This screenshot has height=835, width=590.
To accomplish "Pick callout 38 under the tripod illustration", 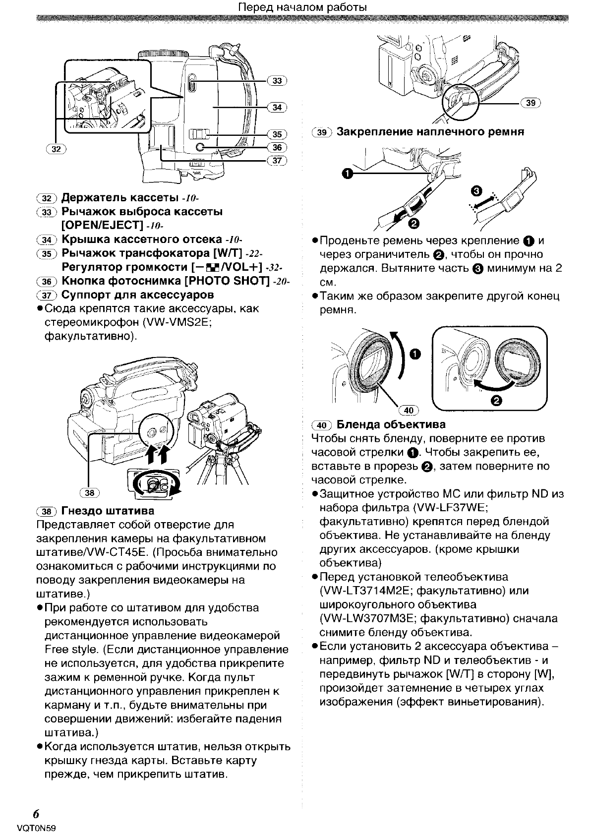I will pyautogui.click(x=89, y=492).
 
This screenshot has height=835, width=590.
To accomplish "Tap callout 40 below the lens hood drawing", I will pyautogui.click(x=409, y=410).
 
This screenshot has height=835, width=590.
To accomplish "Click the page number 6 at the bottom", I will pyautogui.click(x=36, y=815).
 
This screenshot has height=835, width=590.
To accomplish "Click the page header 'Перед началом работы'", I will pyautogui.click(x=302, y=7).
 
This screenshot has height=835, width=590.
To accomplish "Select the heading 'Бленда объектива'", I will pyautogui.click(x=391, y=424).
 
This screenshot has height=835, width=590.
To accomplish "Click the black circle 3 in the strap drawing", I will pyautogui.click(x=476, y=191).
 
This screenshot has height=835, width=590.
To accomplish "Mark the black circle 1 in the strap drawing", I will pyautogui.click(x=348, y=173).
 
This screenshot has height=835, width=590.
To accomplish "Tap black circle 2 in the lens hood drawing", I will pyautogui.click(x=497, y=401).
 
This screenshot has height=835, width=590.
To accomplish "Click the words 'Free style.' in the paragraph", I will pyautogui.click(x=65, y=650).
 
